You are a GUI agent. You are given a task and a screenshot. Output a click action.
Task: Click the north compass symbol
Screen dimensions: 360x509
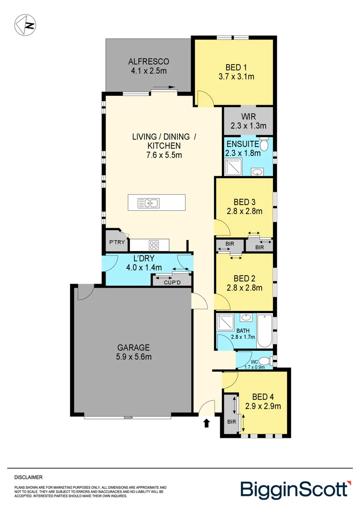click(25, 25)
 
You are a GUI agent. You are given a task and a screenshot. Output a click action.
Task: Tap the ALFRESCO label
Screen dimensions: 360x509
click(149, 61)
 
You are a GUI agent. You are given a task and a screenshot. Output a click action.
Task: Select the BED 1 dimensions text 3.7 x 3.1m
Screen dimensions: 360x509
click(237, 77)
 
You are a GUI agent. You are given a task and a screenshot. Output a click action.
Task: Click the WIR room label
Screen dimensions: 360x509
click(248, 116)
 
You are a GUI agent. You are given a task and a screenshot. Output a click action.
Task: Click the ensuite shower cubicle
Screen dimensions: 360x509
click(233, 166)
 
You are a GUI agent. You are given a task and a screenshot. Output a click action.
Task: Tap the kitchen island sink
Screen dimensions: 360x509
click(148, 203)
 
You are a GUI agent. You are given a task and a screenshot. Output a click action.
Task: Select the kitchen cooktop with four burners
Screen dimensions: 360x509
click(154, 245)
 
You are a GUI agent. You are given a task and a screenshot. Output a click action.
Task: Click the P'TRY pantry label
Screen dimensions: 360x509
click(117, 242)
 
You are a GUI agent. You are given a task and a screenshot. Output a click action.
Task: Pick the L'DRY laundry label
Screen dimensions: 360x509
click(144, 258)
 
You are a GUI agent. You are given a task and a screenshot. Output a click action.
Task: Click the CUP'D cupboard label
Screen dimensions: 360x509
click(172, 282)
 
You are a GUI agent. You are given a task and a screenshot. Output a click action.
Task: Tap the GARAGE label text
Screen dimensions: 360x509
click(133, 348)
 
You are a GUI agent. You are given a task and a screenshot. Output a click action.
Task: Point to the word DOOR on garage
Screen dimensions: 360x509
click(128, 418)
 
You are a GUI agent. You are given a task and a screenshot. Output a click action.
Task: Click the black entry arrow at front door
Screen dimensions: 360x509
click(206, 423)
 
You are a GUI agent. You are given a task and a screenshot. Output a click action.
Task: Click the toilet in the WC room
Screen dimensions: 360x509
click(265, 361)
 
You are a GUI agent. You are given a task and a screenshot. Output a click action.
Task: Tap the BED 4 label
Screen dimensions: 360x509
click(263, 397)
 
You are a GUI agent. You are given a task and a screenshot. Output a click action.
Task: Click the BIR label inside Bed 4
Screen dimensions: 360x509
click(231, 422)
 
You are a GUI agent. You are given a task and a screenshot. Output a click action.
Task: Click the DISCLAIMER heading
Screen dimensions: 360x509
click(28, 477)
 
